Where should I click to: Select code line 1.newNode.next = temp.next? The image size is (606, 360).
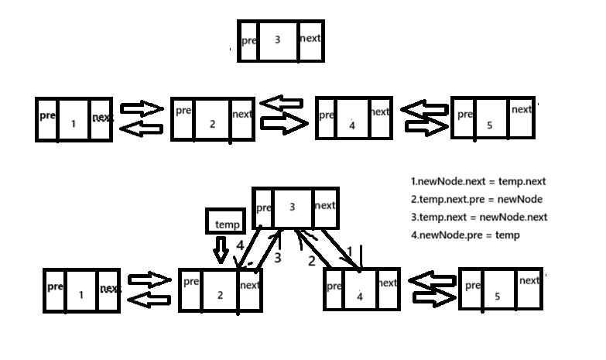(478, 182)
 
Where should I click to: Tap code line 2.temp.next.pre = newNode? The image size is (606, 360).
(476, 200)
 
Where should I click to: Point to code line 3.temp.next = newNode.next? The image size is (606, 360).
(478, 218)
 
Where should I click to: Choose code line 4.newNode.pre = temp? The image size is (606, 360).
(464, 235)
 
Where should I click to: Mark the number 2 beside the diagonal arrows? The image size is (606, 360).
(312, 261)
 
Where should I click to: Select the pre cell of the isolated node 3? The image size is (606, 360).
(248, 41)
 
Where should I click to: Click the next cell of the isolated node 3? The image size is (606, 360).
(310, 39)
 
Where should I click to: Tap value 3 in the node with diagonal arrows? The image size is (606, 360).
(292, 207)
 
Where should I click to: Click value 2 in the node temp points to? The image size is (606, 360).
(220, 295)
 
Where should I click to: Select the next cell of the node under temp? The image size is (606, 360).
(250, 287)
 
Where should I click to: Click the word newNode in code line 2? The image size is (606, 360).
(522, 200)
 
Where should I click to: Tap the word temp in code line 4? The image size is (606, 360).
(508, 235)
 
